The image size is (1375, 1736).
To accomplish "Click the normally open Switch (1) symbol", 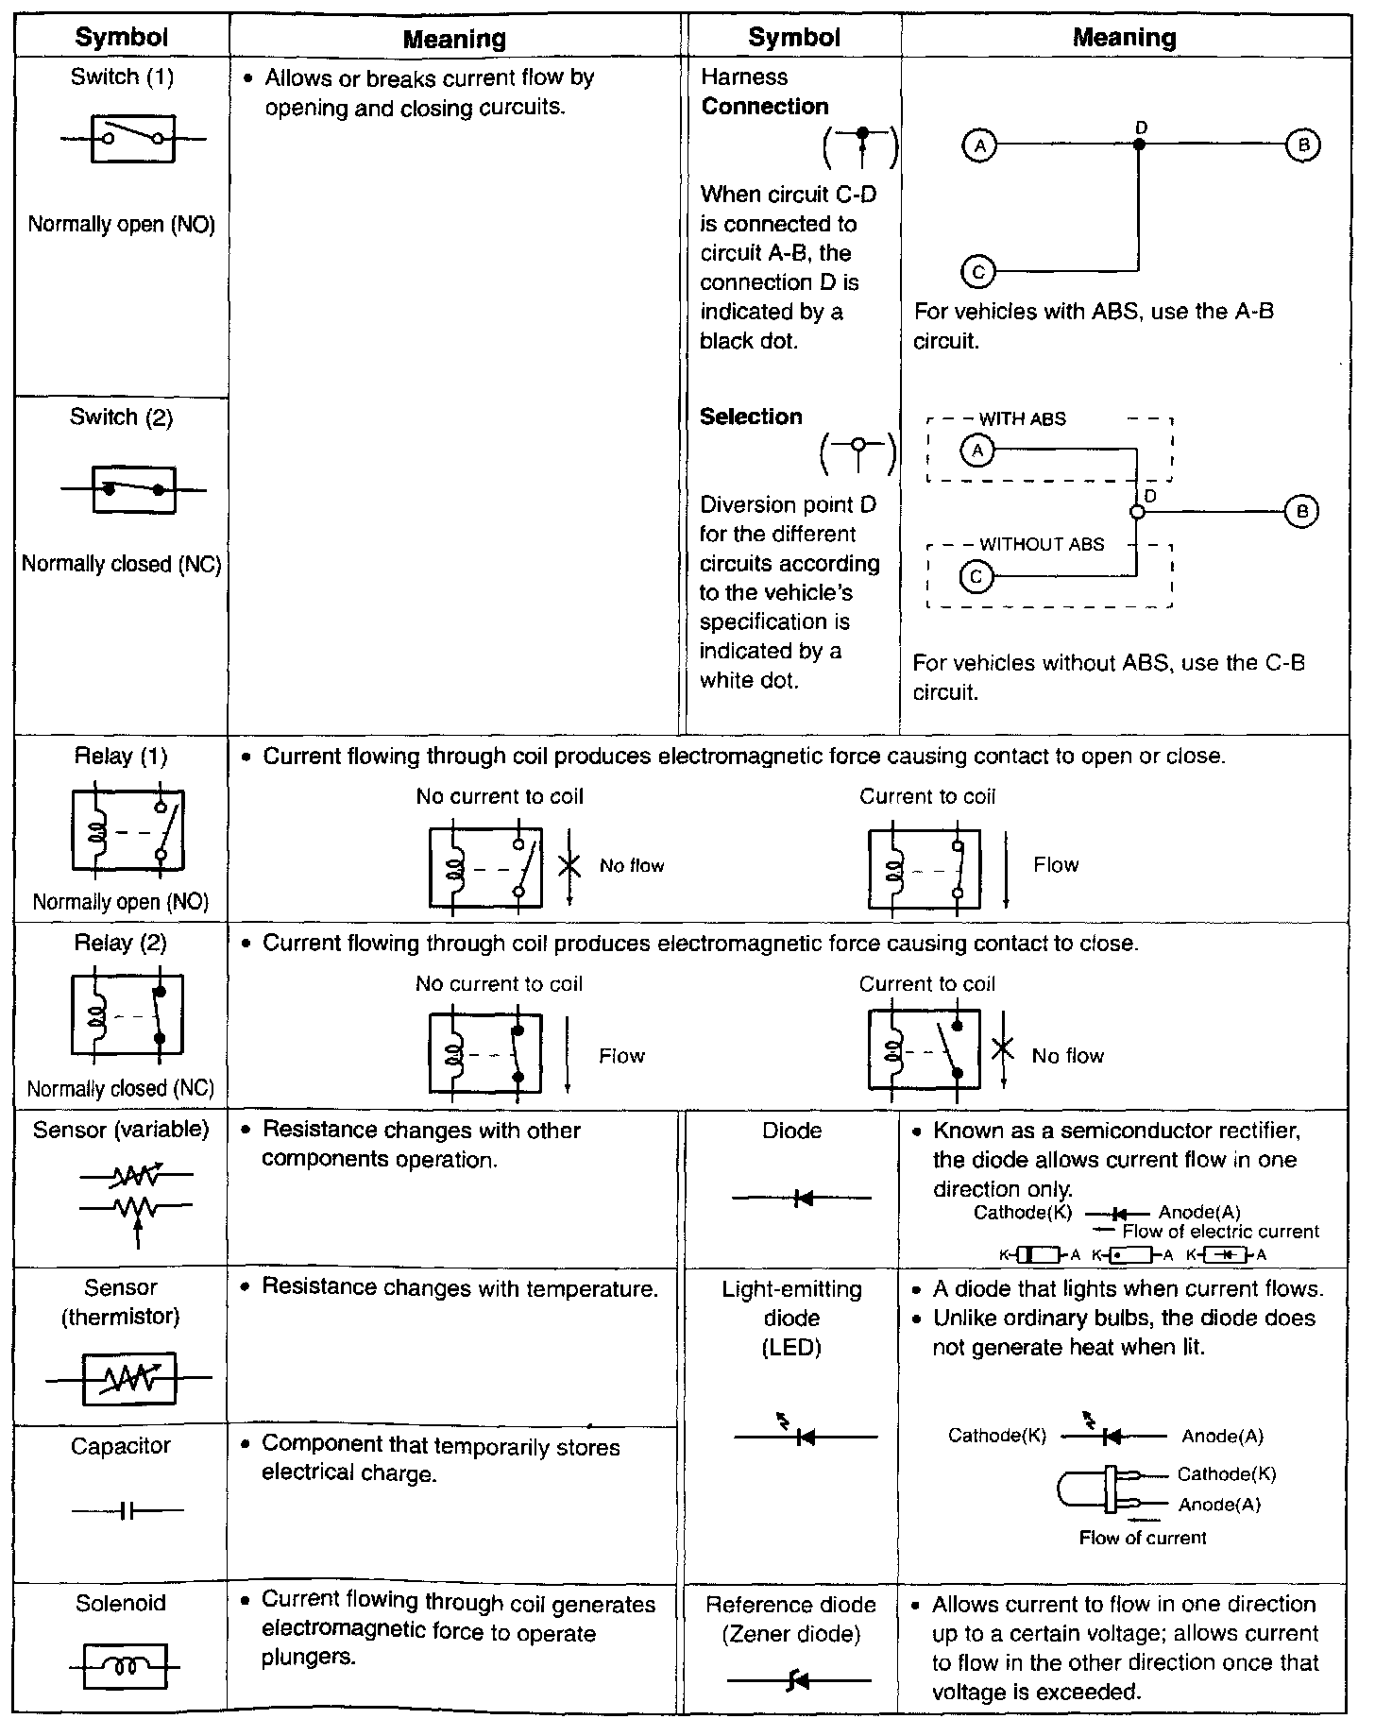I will pos(132,139).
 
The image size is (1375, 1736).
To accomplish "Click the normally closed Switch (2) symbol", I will pos(133,489).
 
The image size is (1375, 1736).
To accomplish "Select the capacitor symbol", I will pos(127,1511).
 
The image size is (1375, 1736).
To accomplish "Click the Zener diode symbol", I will pos(799,1680).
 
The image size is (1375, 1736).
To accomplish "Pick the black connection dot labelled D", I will pos(1139,145).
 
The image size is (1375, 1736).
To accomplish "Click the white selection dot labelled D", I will pos(1137,512).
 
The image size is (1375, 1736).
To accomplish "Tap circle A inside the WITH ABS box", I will pos(977,451).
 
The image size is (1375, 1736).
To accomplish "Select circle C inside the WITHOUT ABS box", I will pos(976,576).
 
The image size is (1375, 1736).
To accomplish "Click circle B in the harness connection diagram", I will pos(1303,145).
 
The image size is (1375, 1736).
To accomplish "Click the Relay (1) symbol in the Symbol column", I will pos(127,831).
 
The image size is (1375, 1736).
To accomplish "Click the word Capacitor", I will pos(121,1446).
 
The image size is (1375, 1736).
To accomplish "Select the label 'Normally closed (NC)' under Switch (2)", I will pos(121,564).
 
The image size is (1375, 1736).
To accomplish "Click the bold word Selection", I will pos(751,417).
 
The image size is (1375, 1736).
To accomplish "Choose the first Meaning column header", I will pos(454,39).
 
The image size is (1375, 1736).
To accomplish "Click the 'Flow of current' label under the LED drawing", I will pos(1143,1538).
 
